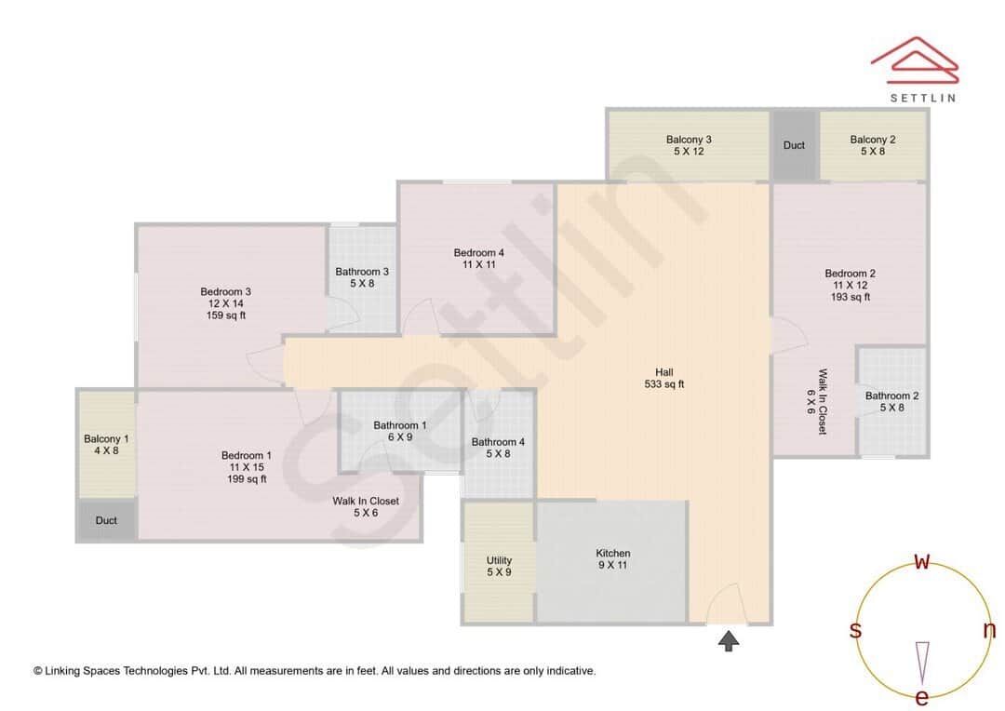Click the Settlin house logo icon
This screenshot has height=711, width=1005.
(914, 58)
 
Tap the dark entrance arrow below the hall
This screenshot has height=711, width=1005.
(729, 640)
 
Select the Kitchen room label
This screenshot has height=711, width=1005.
(613, 553)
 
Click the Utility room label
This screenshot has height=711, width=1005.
(499, 560)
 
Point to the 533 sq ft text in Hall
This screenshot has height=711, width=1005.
(664, 383)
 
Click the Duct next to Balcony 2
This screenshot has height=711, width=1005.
(794, 145)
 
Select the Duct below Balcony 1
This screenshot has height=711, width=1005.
(106, 520)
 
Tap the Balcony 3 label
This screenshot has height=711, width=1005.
(689, 140)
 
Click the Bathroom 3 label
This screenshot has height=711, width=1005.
(362, 272)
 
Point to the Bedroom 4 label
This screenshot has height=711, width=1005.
(479, 252)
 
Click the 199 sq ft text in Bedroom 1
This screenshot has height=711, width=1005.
(247, 479)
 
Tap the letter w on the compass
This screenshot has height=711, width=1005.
(921, 561)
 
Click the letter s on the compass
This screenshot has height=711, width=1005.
(855, 630)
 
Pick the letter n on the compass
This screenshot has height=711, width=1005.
(989, 630)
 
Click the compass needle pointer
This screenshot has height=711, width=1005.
(922, 662)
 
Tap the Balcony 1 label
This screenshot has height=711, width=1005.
(106, 438)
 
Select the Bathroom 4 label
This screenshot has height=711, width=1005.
(498, 442)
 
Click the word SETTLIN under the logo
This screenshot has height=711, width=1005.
(922, 97)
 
